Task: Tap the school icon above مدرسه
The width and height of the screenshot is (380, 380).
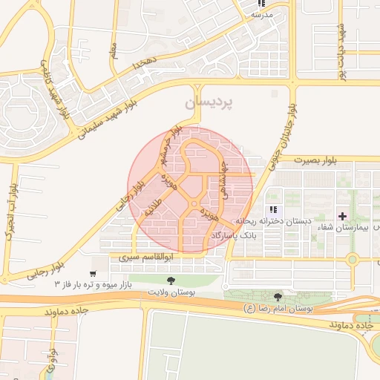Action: pos(261,4)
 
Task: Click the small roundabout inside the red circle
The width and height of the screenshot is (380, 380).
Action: pos(194,203)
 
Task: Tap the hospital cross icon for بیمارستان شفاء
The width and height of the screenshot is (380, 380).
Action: pos(342,216)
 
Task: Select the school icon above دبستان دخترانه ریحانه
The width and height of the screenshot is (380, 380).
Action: pos(274,211)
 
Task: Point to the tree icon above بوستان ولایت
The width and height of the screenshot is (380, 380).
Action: pos(171,281)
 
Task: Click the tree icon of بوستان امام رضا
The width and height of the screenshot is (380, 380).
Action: pos(278,297)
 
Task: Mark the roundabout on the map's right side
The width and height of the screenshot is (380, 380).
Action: pos(353,260)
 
